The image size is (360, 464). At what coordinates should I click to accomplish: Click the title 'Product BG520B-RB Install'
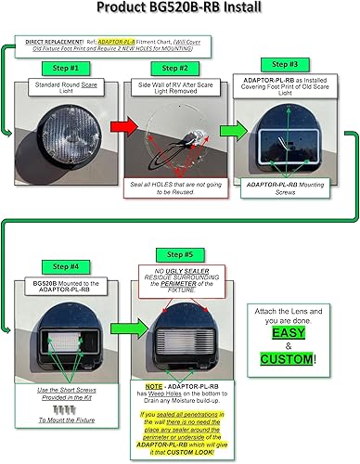179,10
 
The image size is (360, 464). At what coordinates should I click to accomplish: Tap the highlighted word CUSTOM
288,359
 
